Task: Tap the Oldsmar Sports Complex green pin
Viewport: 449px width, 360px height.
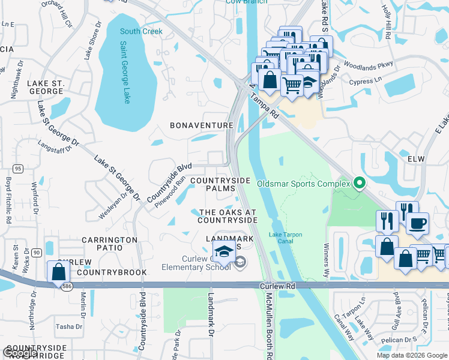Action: tap(360, 183)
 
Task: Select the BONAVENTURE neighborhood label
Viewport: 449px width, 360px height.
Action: tap(201, 125)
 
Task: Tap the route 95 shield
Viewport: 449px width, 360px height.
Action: tap(18, 169)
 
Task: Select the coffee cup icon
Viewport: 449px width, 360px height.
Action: tap(417, 223)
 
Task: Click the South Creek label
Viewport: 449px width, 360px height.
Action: tap(141, 31)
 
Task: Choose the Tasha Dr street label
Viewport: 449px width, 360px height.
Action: tap(68, 326)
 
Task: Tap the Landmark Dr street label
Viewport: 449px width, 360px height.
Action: tap(211, 325)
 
